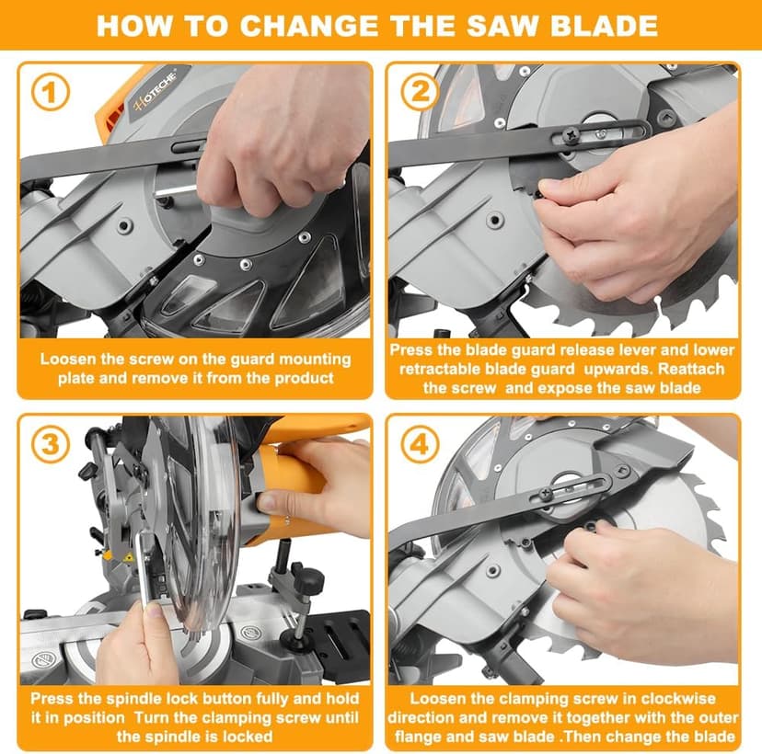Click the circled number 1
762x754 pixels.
(51, 92)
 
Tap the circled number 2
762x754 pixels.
(420, 92)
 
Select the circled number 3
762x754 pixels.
(51, 444)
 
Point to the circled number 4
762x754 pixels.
(420, 444)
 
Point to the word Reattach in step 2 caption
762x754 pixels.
(690, 369)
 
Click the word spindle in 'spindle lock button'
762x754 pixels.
(133, 699)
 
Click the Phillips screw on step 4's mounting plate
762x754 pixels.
(547, 495)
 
